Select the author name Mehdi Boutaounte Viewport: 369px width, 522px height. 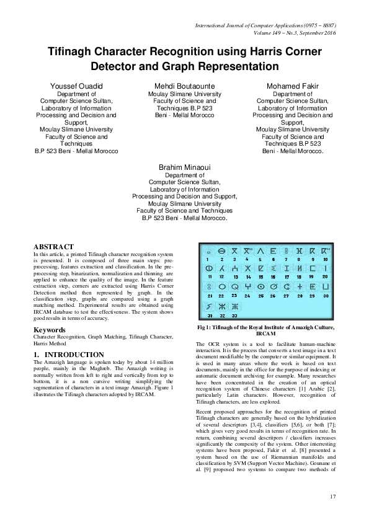184,85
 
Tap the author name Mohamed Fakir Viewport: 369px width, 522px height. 292,85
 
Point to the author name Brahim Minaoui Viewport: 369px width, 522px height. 184,167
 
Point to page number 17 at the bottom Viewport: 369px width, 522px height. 332,496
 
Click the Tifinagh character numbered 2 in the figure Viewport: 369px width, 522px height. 221,251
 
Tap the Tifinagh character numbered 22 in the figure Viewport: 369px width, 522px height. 221,287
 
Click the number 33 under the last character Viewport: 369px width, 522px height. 234,315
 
